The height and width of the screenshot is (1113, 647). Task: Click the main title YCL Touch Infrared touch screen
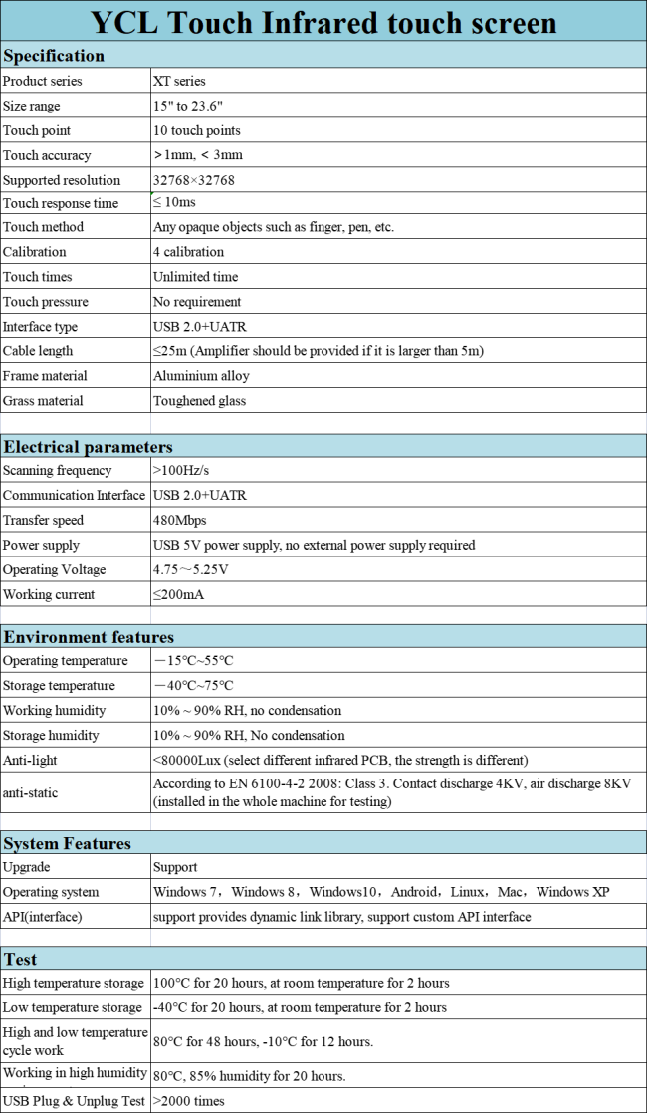click(x=323, y=21)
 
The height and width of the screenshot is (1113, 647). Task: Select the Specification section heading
click(x=54, y=56)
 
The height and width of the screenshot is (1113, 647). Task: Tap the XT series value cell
click(x=179, y=81)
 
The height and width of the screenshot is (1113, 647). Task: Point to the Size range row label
click(x=32, y=106)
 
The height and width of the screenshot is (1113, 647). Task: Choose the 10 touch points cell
click(x=196, y=130)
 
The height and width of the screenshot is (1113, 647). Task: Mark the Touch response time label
click(x=61, y=203)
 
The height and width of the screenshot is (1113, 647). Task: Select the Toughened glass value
click(x=199, y=401)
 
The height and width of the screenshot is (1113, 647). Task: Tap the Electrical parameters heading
click(x=88, y=447)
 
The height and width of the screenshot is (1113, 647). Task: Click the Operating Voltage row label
click(x=55, y=569)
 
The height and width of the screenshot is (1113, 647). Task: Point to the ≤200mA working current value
click(x=180, y=594)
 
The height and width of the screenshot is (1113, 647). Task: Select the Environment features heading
click(x=89, y=637)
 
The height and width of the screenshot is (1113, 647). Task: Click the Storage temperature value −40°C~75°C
click(x=193, y=686)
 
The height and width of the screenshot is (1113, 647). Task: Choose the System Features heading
click(x=68, y=843)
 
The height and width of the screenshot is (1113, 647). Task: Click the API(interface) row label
click(x=43, y=917)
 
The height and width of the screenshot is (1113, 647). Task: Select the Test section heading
click(x=21, y=960)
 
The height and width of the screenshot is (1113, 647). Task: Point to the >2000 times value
click(x=189, y=1101)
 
